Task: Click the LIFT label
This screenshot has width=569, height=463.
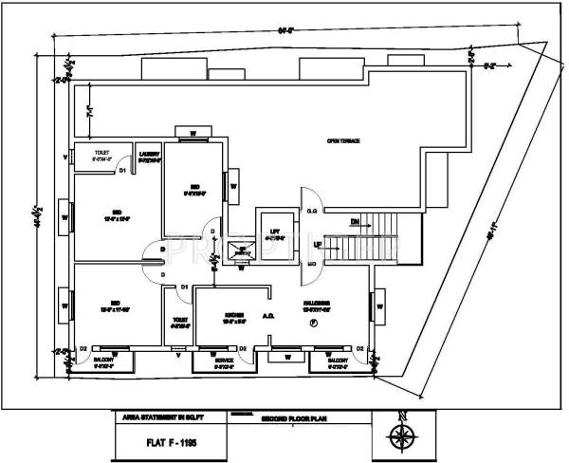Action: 274,231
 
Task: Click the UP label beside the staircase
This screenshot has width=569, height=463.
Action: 318,245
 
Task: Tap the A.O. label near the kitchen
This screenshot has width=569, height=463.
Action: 269,320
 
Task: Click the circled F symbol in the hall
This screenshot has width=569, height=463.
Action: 313,324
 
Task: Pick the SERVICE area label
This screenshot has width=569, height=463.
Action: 224,361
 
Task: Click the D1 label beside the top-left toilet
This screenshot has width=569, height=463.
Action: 123,171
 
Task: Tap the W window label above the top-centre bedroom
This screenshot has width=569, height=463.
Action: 193,132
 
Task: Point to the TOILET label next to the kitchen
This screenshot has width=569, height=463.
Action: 178,321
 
